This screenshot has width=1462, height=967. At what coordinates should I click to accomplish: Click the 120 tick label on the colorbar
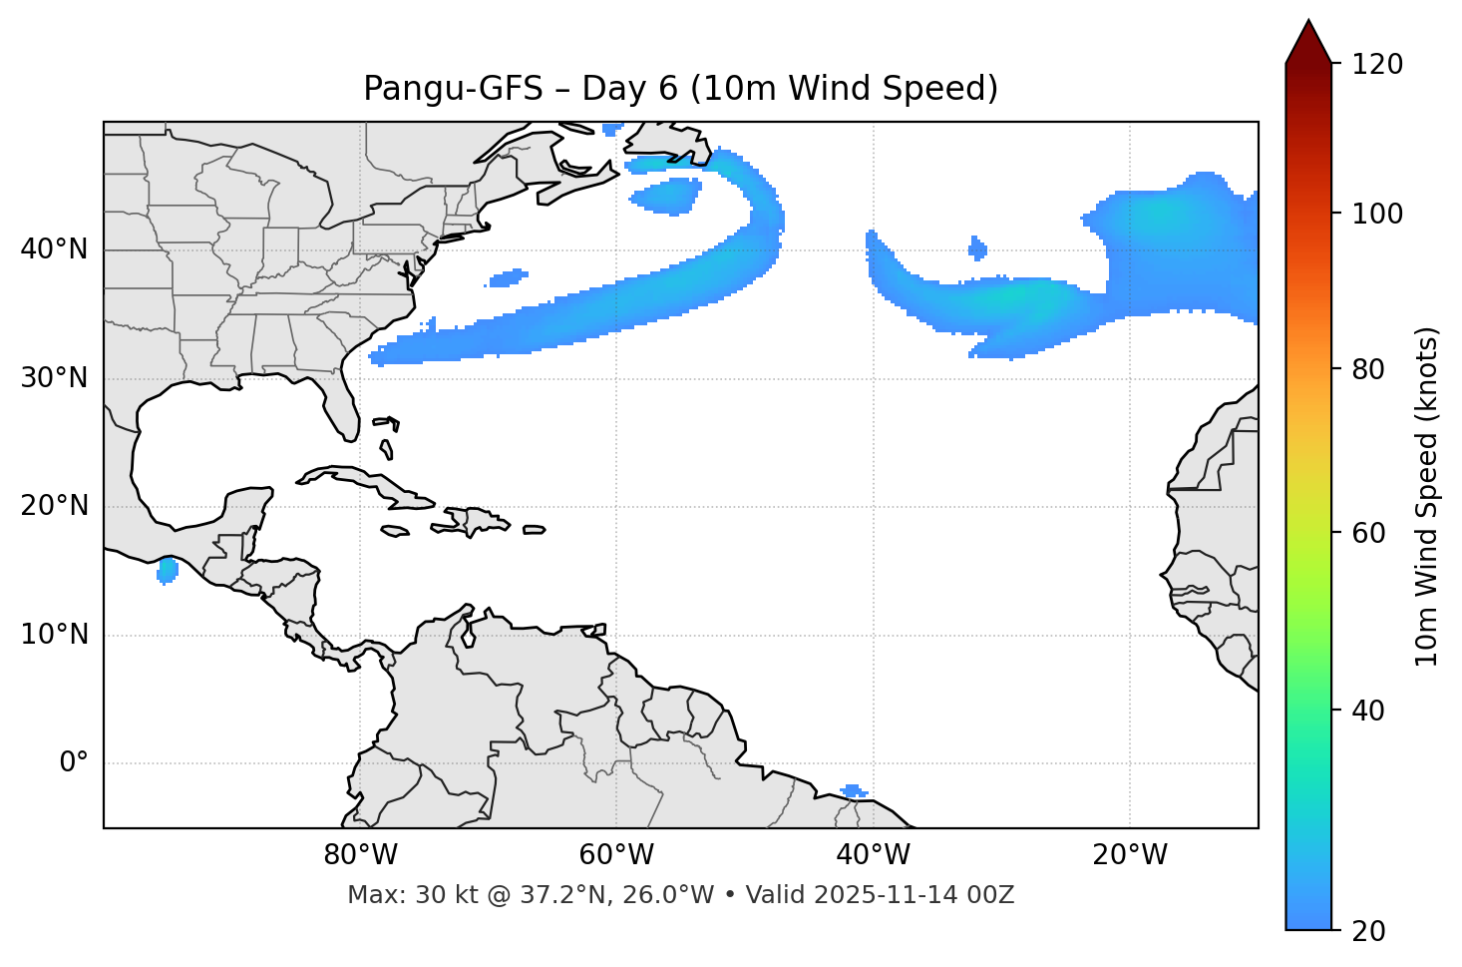click(x=1377, y=65)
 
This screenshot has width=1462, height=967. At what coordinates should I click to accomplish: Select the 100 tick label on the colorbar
click(x=1377, y=214)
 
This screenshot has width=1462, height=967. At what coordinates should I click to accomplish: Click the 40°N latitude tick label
click(x=54, y=249)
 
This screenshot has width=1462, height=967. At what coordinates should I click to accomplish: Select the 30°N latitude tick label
click(x=54, y=378)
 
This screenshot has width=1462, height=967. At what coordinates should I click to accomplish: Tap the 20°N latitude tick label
click(x=54, y=506)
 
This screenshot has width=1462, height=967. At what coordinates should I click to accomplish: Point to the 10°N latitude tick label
click(x=54, y=635)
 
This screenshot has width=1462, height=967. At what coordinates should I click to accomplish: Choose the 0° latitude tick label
click(x=74, y=763)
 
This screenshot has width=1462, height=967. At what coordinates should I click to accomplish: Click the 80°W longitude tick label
click(x=360, y=855)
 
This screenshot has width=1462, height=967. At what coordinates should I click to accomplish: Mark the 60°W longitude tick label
click(x=616, y=855)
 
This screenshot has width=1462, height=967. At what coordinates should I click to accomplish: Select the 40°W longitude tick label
click(x=873, y=855)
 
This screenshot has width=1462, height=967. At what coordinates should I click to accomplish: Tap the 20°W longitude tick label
click(x=1130, y=855)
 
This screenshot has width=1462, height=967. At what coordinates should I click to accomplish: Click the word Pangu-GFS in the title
click(x=453, y=89)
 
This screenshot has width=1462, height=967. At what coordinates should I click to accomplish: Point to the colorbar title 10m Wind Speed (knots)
click(x=1427, y=496)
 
